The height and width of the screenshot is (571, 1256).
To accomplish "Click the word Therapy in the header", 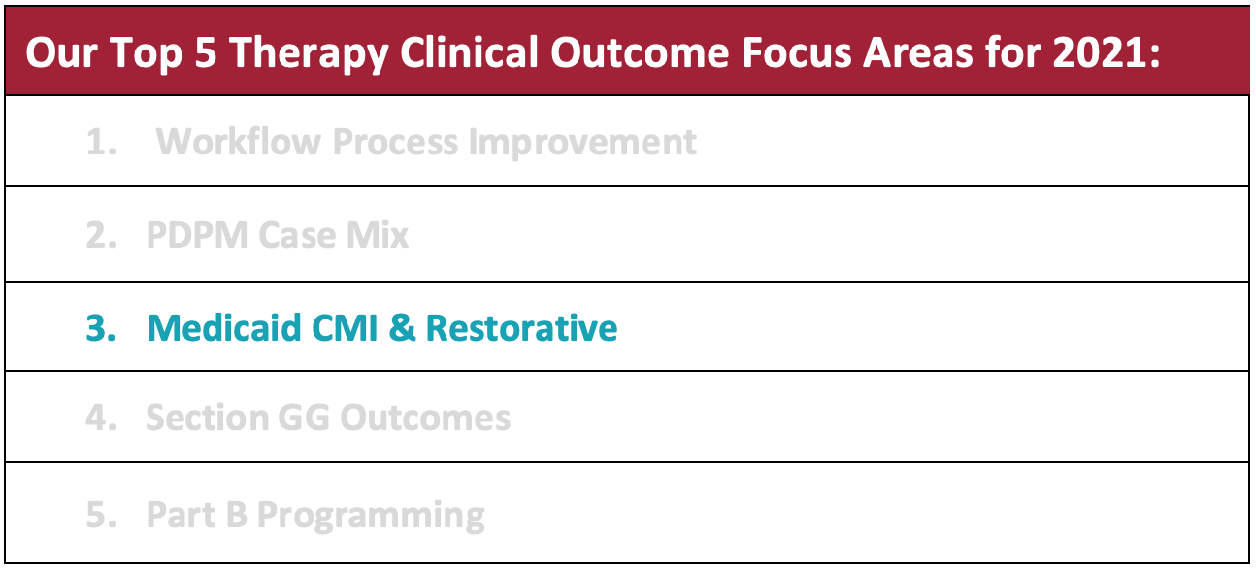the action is (x=310, y=54).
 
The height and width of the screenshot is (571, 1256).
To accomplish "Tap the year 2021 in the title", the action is (x=1100, y=53).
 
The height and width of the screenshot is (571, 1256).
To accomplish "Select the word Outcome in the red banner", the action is (x=640, y=53).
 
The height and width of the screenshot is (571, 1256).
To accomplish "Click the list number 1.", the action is (x=101, y=142).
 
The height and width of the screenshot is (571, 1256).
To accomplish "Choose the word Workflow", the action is (x=239, y=141).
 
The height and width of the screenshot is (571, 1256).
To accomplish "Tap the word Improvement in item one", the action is (x=582, y=142).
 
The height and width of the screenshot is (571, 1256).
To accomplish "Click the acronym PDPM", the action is (x=197, y=234).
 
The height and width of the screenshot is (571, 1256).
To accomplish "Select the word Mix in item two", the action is (x=378, y=234).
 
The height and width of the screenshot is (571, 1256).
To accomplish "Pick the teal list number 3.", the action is (x=101, y=327).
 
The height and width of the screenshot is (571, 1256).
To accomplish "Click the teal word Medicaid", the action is (x=224, y=327).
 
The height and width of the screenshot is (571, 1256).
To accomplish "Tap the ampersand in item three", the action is (x=402, y=327).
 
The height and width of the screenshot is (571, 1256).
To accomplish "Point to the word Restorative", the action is (x=521, y=327).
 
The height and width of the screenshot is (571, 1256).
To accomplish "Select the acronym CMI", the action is (x=345, y=327).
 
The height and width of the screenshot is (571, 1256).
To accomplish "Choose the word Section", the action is (x=207, y=418).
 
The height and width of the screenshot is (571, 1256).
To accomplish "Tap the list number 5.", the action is (x=101, y=515).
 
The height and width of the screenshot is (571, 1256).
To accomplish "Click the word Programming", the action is (x=371, y=516).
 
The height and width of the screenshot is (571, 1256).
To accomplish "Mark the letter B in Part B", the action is (x=236, y=515).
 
